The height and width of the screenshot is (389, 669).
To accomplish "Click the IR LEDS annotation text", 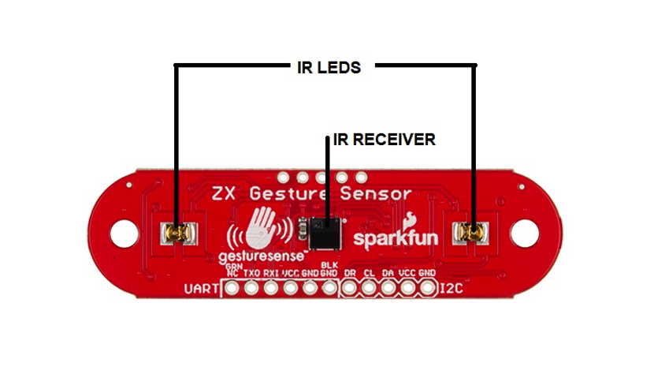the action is pyautogui.click(x=329, y=68).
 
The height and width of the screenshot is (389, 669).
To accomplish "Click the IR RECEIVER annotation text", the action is pyautogui.click(x=384, y=139).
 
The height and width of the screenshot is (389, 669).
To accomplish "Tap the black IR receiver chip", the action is pyautogui.click(x=325, y=234).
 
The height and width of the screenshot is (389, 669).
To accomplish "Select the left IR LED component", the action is pyautogui.click(x=179, y=234).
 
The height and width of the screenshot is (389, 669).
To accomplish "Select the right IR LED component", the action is pyautogui.click(x=470, y=233).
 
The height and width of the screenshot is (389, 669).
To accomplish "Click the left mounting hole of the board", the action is pyautogui.click(x=125, y=233).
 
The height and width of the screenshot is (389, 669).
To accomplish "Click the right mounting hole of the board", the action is pyautogui.click(x=524, y=233).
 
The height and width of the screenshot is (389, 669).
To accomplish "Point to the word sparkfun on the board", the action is pyautogui.click(x=396, y=238).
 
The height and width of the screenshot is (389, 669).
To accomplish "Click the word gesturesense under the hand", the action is pyautogui.click(x=261, y=257).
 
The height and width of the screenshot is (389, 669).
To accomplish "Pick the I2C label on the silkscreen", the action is pyautogui.click(x=452, y=289).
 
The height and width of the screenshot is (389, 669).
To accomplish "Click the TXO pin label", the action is pyautogui.click(x=251, y=273).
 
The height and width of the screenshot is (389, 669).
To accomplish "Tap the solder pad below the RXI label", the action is pyautogui.click(x=271, y=288).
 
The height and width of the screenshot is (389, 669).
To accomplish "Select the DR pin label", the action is pyautogui.click(x=350, y=273).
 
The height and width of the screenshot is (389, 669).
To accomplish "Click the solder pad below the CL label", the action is pyautogui.click(x=369, y=288).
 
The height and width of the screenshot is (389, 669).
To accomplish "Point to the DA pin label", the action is pyautogui.click(x=388, y=273).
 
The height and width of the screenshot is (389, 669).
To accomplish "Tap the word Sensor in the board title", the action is pyautogui.click(x=375, y=194).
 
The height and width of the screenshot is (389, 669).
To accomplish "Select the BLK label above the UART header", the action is pyautogui.click(x=329, y=265).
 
